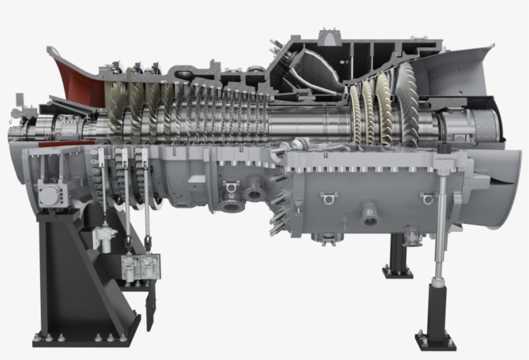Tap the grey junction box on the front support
[x=49, y=192]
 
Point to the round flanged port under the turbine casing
[x=370, y=215]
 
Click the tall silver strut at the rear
[x=443, y=219]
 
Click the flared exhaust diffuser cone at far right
[x=500, y=187]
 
